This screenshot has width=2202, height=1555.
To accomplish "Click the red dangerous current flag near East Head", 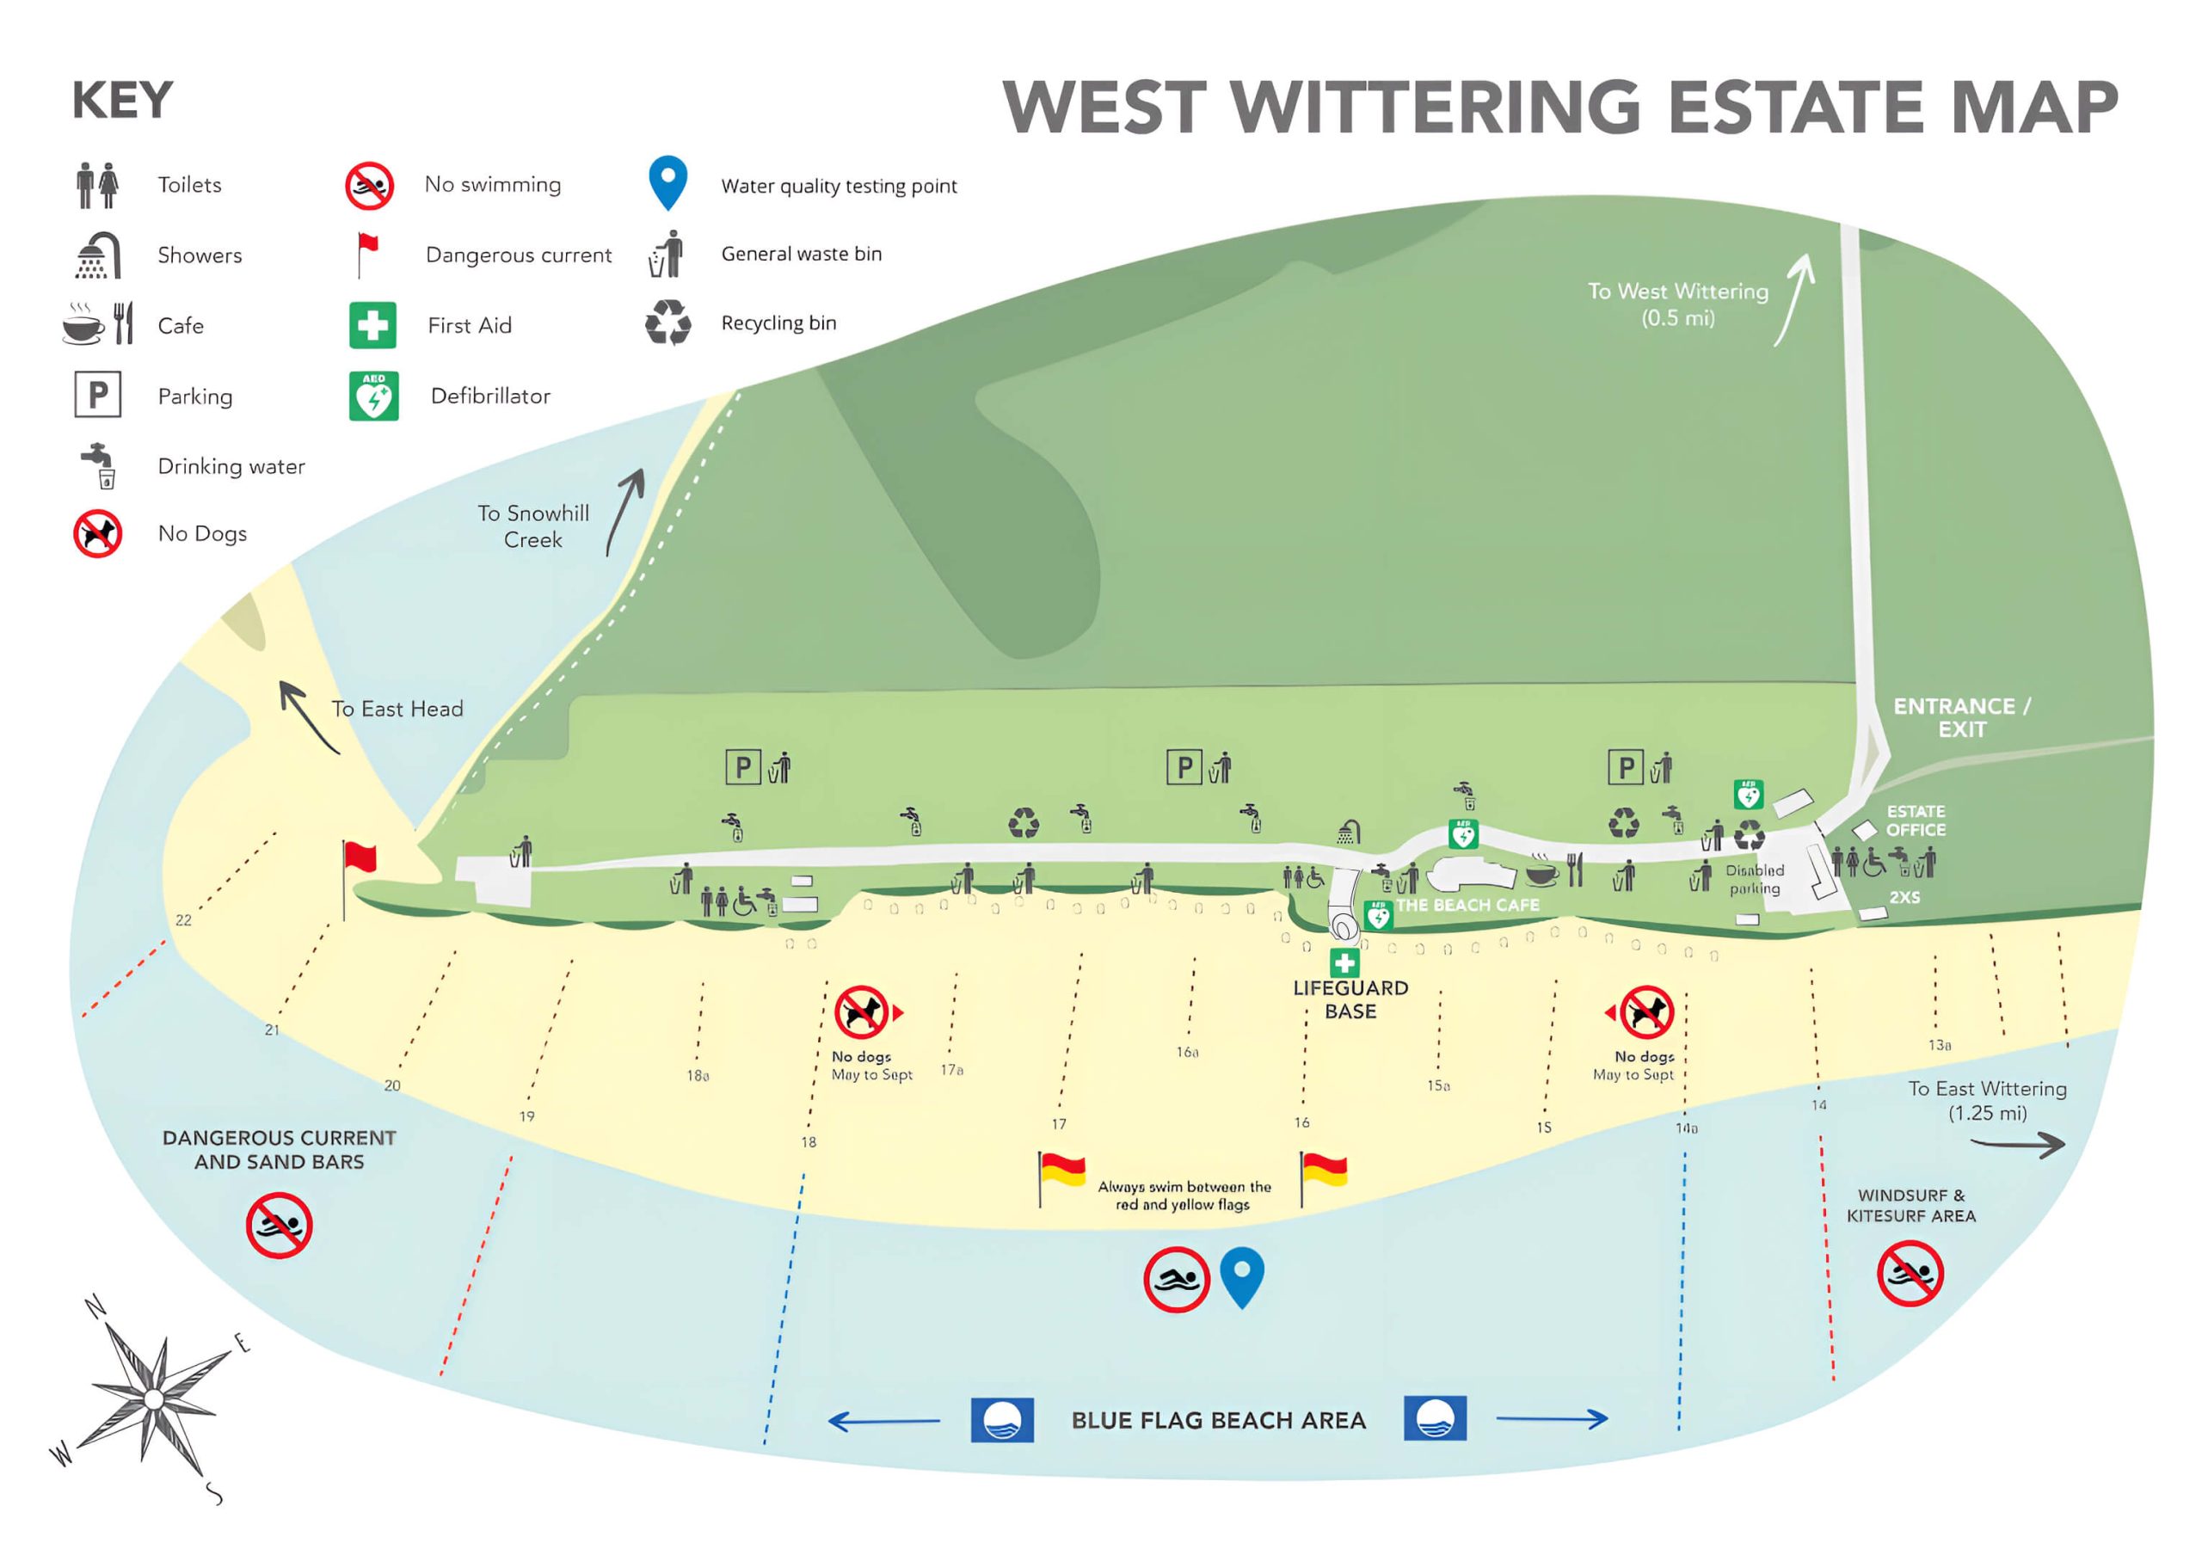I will [x=360, y=858].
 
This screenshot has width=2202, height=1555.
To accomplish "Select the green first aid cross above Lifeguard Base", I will [x=1344, y=962].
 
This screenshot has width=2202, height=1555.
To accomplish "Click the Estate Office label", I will [x=1916, y=821].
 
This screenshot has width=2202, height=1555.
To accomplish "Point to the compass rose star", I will [x=153, y=1398].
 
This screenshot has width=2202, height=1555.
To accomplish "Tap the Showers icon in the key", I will [x=98, y=255].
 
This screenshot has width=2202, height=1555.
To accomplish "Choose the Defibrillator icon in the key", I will [x=373, y=396].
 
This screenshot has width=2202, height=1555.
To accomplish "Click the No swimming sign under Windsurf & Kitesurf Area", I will [x=1910, y=1273].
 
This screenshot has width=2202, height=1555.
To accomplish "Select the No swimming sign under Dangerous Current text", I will [x=278, y=1226].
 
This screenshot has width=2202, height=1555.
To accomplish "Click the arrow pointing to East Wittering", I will [x=2017, y=1144].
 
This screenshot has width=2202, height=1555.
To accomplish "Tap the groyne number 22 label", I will [x=183, y=920].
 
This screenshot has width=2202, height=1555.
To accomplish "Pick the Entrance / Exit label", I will [x=1961, y=717].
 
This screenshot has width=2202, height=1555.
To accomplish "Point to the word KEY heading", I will [x=122, y=101].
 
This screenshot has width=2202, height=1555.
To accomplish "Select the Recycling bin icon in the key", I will [x=667, y=323].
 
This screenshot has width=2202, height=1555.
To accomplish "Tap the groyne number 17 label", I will [x=1059, y=1123].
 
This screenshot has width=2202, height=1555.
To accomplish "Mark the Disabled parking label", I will [x=1754, y=879].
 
